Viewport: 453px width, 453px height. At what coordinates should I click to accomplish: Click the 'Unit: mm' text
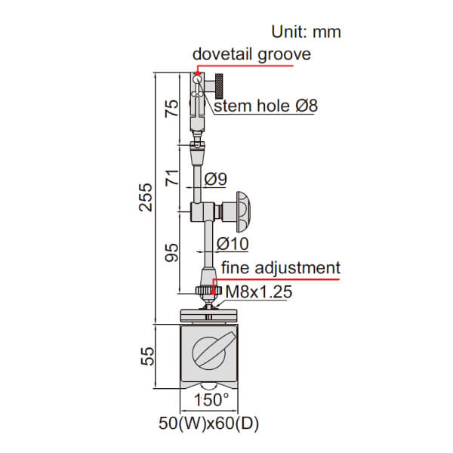[306, 32]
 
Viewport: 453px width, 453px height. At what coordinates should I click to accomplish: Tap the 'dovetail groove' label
[251, 54]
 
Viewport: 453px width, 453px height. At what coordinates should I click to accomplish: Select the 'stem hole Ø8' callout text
[266, 106]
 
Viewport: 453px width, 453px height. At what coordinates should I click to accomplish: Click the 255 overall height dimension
[145, 197]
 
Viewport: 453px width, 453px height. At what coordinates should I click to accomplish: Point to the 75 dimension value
[171, 108]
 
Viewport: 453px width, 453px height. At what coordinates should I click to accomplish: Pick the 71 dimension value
[172, 178]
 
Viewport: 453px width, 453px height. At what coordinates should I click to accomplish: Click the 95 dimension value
[171, 253]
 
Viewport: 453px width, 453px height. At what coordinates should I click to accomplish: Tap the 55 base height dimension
[147, 356]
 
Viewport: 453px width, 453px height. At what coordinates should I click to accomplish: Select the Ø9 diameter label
[215, 179]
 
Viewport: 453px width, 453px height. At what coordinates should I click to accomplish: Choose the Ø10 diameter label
[233, 244]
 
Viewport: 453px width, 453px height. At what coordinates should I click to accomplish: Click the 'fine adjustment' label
[281, 268]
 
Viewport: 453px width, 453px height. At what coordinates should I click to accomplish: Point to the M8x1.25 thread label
[259, 291]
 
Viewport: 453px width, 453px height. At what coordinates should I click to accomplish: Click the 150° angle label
[211, 400]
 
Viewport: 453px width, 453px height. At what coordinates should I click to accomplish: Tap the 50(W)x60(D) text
[208, 424]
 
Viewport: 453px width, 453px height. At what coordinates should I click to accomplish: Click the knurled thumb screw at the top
[219, 86]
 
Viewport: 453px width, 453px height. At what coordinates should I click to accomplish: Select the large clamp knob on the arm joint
[243, 211]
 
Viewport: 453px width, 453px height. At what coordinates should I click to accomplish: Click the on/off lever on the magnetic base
[214, 350]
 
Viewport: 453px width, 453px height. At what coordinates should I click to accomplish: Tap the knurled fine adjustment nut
[208, 291]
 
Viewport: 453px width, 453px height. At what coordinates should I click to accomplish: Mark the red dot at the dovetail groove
[197, 74]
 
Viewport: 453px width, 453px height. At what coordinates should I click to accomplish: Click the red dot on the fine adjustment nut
[213, 292]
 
